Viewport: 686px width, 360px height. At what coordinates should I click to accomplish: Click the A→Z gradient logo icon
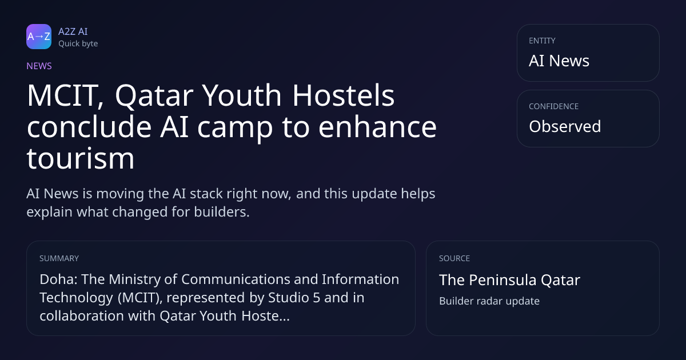(39, 37)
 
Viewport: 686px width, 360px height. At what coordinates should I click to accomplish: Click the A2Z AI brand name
(73, 31)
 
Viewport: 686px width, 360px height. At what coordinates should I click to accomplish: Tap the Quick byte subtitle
(78, 44)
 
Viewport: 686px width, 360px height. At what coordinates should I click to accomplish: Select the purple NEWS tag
(39, 66)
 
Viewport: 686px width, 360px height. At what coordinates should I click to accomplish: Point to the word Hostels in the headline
(344, 95)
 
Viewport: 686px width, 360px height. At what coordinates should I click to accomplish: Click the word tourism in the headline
(81, 158)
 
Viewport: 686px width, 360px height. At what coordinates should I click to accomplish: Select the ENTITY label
(542, 41)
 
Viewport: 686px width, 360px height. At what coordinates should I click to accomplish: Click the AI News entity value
(559, 61)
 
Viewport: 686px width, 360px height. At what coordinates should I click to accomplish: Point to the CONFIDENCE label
(553, 106)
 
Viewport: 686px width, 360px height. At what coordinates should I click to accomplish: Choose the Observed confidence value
(565, 126)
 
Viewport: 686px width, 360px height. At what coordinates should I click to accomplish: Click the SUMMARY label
(59, 258)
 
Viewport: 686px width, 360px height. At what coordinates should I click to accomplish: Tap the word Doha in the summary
(58, 279)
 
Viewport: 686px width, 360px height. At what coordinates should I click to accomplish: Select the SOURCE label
(454, 258)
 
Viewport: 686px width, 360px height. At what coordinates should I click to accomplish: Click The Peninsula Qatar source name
(509, 280)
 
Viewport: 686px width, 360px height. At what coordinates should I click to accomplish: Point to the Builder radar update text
(489, 301)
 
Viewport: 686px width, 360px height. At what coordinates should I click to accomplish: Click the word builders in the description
(222, 212)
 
